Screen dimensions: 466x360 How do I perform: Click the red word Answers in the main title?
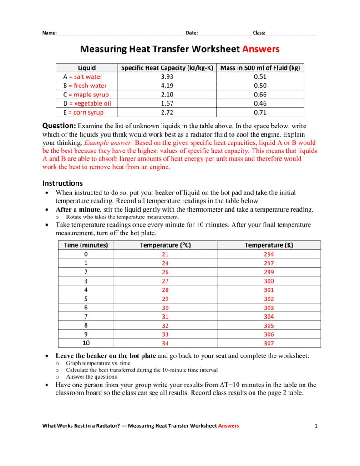tap(261, 49)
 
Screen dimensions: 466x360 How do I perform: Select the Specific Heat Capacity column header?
tap(167, 68)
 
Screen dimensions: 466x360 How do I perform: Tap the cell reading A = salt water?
tap(83, 76)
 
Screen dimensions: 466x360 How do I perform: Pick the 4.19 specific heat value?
tap(167, 86)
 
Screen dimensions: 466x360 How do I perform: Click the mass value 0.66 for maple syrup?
tap(260, 95)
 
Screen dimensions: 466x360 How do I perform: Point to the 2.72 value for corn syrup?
tap(167, 112)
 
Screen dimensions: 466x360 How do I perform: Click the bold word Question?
tap(59, 125)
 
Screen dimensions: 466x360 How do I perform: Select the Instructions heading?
tap(63, 183)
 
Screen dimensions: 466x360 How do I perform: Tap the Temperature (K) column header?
tap(269, 245)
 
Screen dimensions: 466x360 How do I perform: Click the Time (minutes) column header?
tap(86, 245)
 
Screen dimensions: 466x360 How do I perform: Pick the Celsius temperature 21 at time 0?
tap(165, 254)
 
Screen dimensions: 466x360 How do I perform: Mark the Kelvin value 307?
tap(269, 344)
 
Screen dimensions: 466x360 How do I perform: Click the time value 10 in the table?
tap(86, 343)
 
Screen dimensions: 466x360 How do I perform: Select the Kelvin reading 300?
tap(269, 281)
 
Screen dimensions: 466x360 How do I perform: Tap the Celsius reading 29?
tap(165, 299)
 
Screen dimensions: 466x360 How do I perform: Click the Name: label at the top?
tap(50, 33)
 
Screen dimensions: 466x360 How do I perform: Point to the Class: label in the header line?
tap(259, 33)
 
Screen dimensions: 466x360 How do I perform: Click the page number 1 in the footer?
tap(315, 426)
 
